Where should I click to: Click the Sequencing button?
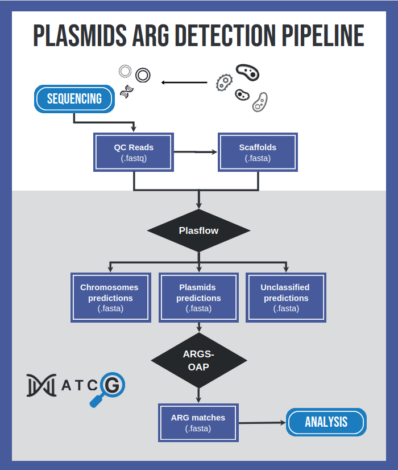(x=74, y=99)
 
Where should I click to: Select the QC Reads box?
(x=134, y=152)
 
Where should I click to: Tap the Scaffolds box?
(x=258, y=152)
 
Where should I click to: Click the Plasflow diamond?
(x=198, y=230)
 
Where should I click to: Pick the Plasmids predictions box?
(x=198, y=298)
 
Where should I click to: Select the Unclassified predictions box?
(x=286, y=298)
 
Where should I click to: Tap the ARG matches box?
(x=198, y=423)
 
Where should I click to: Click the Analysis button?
(x=326, y=422)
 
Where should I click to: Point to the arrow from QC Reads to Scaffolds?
(x=196, y=152)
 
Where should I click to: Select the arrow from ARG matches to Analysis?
(x=262, y=423)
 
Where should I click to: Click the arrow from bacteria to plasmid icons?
(x=184, y=83)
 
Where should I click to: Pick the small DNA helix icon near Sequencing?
(x=127, y=91)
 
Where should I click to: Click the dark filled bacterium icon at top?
(x=248, y=72)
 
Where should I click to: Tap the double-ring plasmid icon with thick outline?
(x=143, y=75)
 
